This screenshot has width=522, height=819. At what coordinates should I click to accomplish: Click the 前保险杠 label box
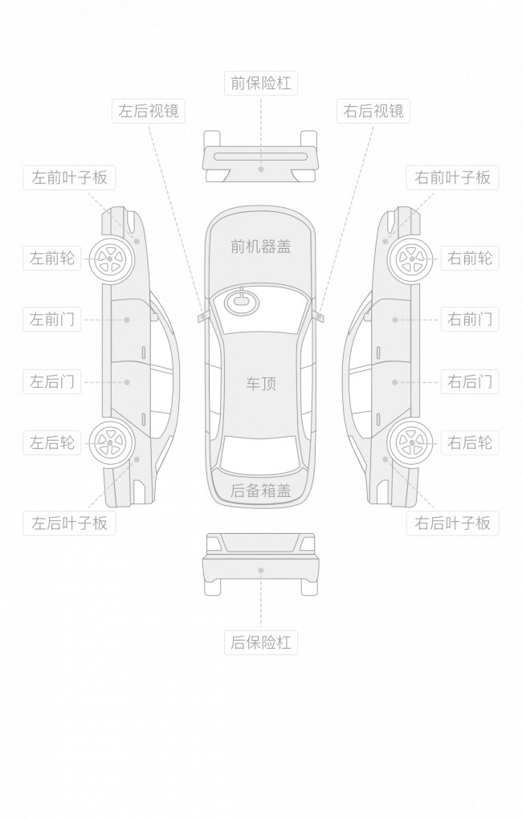click(260, 83)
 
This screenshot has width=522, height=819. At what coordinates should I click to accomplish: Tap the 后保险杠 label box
click(260, 642)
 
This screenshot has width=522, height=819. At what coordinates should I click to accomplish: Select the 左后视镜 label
click(149, 111)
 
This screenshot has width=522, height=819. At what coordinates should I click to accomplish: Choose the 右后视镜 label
click(373, 111)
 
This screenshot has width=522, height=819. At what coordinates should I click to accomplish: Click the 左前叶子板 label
click(69, 177)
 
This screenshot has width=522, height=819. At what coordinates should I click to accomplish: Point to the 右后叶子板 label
click(452, 524)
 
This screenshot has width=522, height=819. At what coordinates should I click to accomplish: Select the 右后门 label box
click(469, 381)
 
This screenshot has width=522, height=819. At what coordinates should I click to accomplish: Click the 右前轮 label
click(469, 259)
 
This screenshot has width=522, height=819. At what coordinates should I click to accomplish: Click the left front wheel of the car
click(108, 259)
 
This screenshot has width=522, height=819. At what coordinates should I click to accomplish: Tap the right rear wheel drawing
click(412, 442)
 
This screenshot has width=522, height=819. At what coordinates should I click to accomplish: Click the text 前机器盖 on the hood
click(260, 247)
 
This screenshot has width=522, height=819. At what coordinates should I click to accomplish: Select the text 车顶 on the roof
click(260, 384)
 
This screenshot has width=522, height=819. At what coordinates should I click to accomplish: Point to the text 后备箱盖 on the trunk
click(260, 491)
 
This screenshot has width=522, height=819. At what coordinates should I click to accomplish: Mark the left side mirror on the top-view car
click(202, 316)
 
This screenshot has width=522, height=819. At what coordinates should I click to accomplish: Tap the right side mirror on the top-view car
click(320, 316)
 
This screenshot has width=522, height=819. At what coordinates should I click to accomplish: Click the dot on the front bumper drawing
click(260, 169)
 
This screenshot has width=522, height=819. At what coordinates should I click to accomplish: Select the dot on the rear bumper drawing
click(260, 570)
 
